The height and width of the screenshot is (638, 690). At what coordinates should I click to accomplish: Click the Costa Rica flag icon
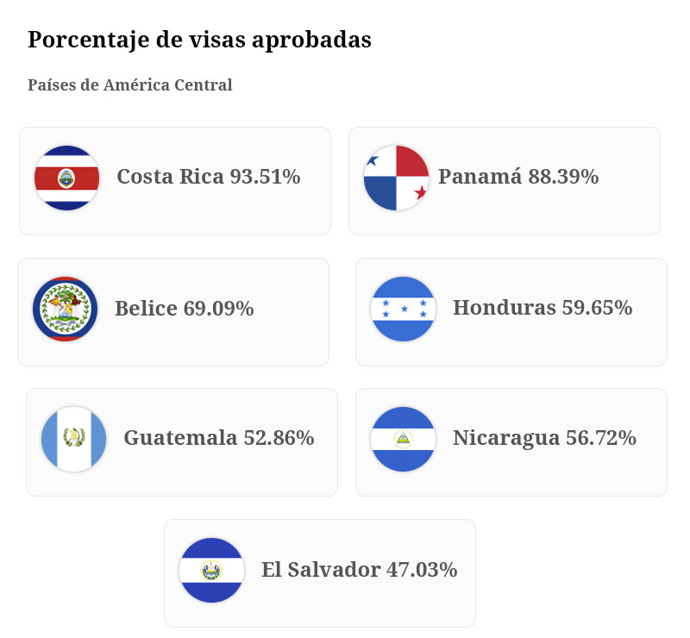(66, 178)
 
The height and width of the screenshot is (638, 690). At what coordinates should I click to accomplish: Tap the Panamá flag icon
(396, 178)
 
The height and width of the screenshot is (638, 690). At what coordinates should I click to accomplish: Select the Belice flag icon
(65, 309)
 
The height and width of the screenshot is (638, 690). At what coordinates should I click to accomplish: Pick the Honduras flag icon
(403, 309)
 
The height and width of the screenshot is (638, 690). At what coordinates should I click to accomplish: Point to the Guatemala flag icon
(73, 439)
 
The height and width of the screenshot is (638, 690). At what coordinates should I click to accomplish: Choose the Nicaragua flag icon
(403, 439)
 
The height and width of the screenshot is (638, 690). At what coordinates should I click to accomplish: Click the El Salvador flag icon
(211, 570)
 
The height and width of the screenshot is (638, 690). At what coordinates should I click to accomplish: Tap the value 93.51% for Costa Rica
(265, 177)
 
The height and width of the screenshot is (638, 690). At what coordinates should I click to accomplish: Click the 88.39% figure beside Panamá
(563, 177)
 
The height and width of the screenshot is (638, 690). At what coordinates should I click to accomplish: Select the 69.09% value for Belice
(218, 309)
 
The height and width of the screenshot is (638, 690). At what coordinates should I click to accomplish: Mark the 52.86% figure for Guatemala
(279, 438)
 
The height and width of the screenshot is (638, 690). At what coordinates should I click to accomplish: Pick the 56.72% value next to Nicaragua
(600, 438)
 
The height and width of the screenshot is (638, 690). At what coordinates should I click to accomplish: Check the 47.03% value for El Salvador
(422, 570)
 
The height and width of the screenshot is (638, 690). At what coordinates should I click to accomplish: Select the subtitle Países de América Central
(129, 85)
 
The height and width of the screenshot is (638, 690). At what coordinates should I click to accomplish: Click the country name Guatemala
(180, 438)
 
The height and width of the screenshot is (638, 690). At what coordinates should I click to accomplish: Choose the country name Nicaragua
(505, 438)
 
